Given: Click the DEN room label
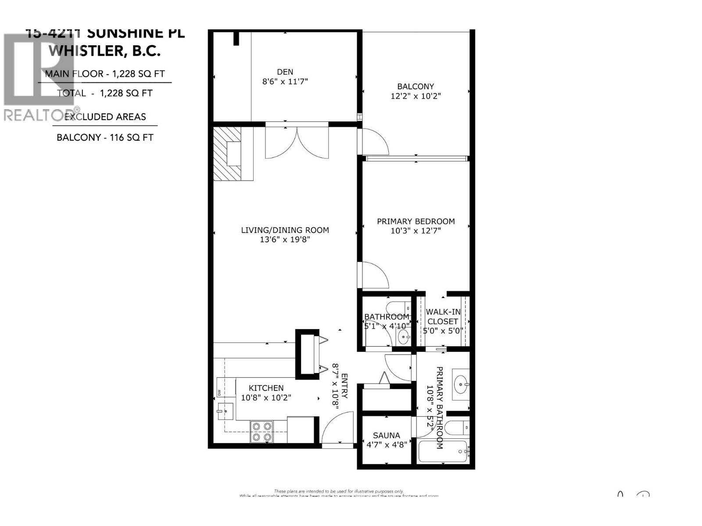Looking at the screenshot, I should point(285,72).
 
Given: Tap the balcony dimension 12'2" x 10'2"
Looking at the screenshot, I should point(415,96).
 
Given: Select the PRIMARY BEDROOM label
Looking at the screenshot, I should point(415,221).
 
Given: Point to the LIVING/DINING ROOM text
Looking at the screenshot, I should point(285,230).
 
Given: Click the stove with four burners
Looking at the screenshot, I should point(261,431).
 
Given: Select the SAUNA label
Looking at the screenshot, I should point(386,435).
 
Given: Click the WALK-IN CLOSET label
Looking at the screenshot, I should point(443,316).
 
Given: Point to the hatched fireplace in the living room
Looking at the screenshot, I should point(227,153).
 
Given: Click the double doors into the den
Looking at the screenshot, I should point(297,142).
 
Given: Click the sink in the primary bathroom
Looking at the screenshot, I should point(461,384).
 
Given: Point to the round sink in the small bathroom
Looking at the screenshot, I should point(403,338).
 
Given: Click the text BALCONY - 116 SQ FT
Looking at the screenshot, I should point(105,137).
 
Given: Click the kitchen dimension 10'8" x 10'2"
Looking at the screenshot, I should point(266,398).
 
